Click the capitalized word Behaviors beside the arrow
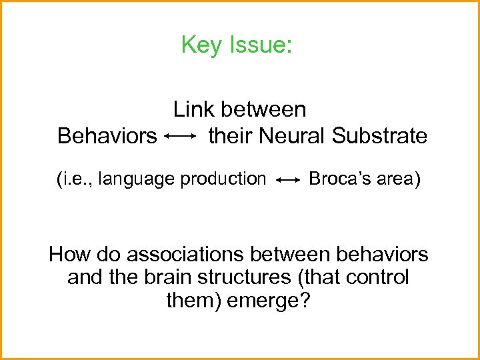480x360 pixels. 107,136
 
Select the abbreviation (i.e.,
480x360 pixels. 75,179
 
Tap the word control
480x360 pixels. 379,277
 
